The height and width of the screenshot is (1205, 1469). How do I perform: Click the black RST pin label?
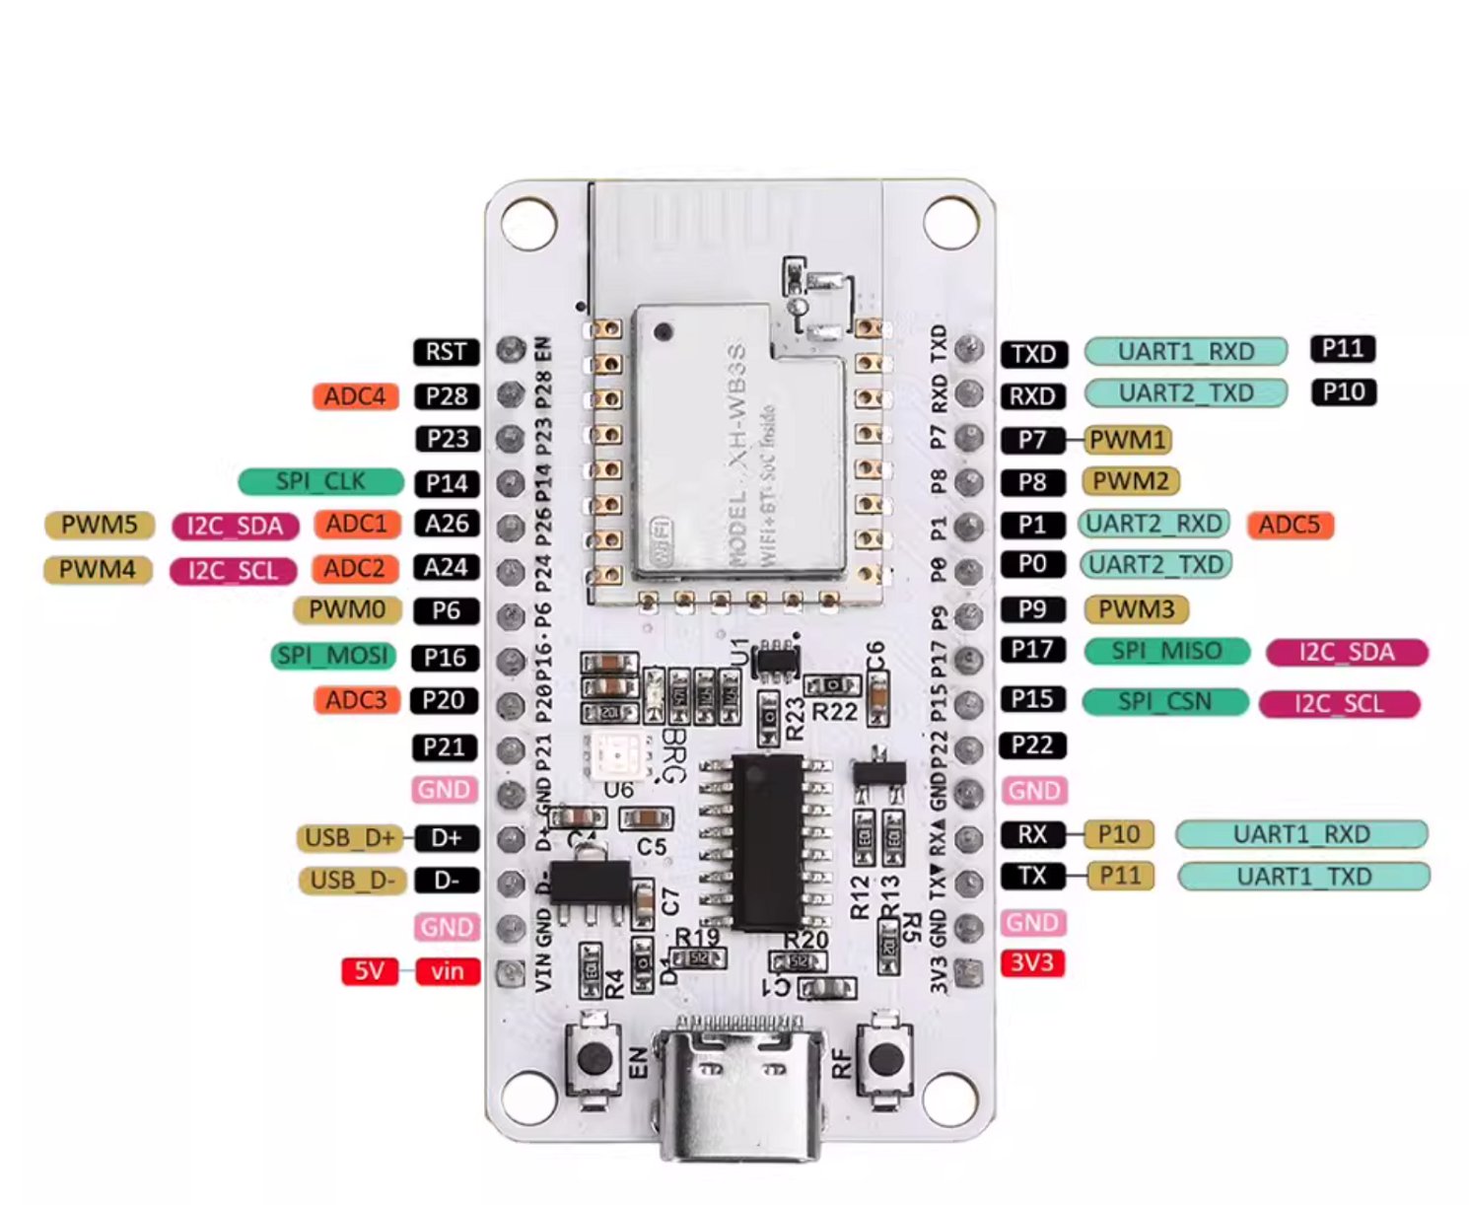446,352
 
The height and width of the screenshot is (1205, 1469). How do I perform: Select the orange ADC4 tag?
355,396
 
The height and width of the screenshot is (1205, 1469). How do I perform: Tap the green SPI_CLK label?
320,481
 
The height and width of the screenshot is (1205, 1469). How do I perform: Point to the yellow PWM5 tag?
99,525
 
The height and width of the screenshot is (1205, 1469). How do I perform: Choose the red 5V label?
369,971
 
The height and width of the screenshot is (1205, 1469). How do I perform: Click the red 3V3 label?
1032,962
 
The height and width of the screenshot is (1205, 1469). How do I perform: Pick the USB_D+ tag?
350,838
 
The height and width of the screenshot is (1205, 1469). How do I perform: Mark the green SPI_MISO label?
1166,651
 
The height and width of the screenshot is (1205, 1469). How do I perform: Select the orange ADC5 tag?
1290,525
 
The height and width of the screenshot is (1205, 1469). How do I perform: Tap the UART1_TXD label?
1303,877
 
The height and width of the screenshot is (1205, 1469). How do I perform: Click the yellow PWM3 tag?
1136,609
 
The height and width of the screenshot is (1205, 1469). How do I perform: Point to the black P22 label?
1032,745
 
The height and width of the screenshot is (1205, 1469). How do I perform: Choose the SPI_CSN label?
1164,702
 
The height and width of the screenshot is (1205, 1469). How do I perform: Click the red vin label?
447,971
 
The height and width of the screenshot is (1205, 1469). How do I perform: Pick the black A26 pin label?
446,524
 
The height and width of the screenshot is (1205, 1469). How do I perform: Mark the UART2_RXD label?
1154,524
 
